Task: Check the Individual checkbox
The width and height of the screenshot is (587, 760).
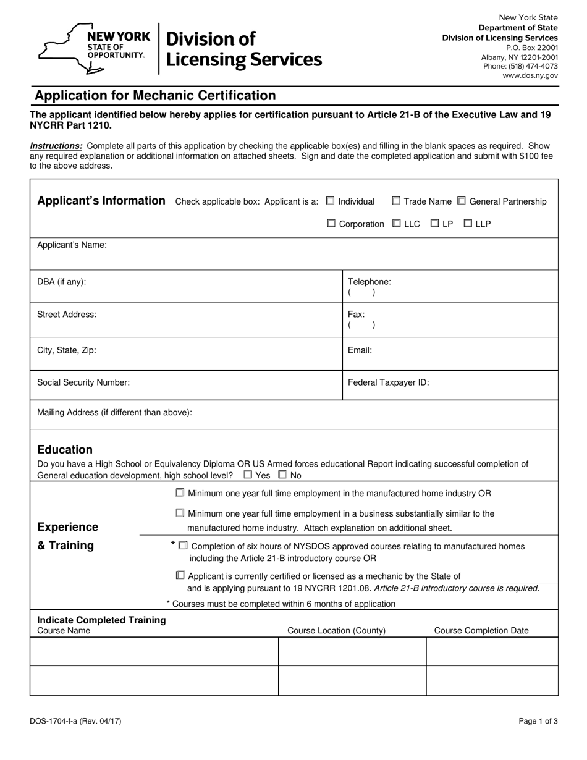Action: pyautogui.click(x=331, y=201)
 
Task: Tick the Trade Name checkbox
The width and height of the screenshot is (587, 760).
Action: pyautogui.click(x=396, y=201)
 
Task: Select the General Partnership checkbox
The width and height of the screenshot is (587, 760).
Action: pyautogui.click(x=462, y=201)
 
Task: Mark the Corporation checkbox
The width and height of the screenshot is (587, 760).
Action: pyautogui.click(x=331, y=223)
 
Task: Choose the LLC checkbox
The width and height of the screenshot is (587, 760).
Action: pyautogui.click(x=397, y=223)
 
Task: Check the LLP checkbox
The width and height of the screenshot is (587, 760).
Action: pyautogui.click(x=468, y=223)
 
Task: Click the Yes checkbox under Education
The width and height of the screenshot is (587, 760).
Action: pyautogui.click(x=248, y=475)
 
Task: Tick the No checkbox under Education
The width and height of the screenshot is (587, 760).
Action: pyautogui.click(x=282, y=475)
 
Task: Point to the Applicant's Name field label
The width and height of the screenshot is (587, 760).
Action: pyautogui.click(x=72, y=245)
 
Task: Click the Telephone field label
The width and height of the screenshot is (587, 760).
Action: pyautogui.click(x=370, y=282)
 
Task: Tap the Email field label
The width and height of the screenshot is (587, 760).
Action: pyautogui.click(x=360, y=350)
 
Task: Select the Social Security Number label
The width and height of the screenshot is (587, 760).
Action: pyautogui.click(x=83, y=382)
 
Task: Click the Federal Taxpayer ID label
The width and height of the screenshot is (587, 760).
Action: pyautogui.click(x=389, y=382)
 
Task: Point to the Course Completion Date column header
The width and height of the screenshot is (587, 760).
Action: pyautogui.click(x=481, y=630)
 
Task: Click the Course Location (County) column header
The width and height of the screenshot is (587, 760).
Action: pyautogui.click(x=337, y=630)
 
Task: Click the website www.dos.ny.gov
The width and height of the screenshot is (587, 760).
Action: pyautogui.click(x=530, y=75)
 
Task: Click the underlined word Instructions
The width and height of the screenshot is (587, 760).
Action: pyautogui.click(x=56, y=146)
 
